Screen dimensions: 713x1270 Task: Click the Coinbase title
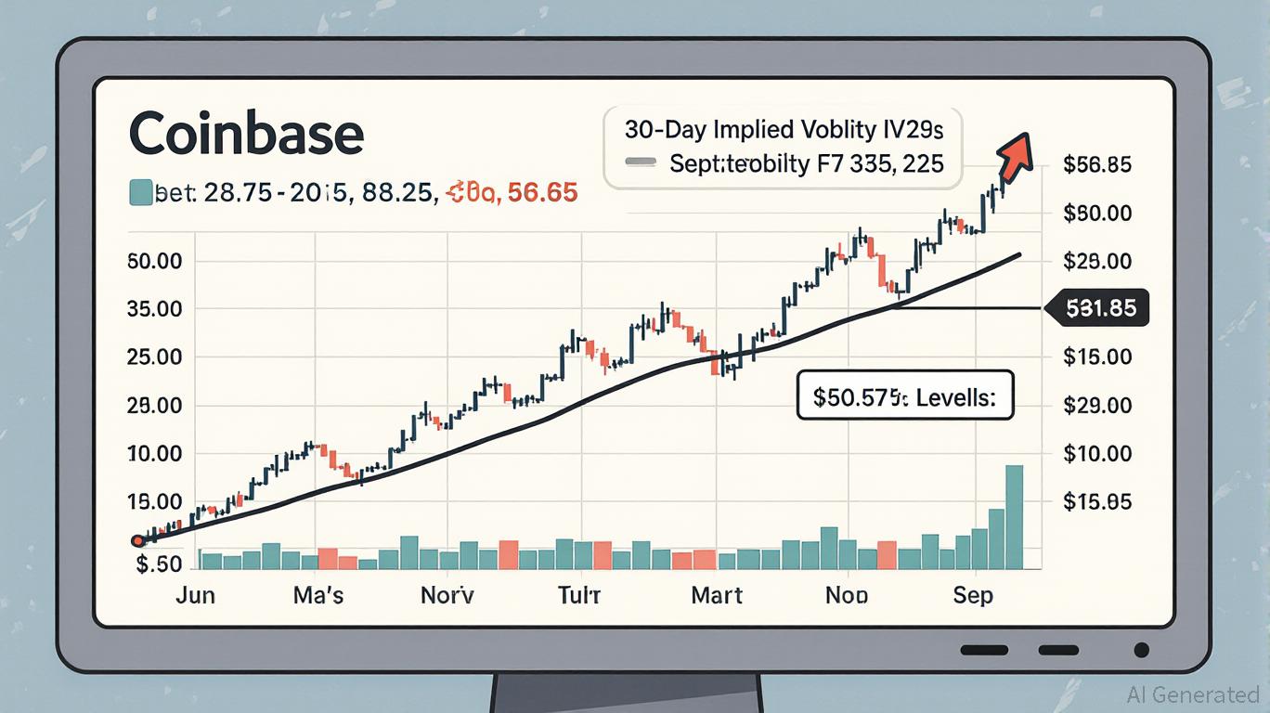(245, 134)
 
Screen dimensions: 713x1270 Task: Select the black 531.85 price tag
(1097, 307)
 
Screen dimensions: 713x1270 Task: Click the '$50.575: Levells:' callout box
(904, 398)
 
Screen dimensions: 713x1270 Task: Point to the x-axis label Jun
(195, 594)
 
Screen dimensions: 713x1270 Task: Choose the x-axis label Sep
(973, 594)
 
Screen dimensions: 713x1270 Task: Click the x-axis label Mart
(717, 594)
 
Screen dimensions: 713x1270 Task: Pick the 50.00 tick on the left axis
(155, 261)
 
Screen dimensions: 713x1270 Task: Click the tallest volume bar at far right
(1014, 517)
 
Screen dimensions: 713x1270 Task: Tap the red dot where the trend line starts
(137, 540)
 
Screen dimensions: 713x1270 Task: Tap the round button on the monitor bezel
(1142, 650)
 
